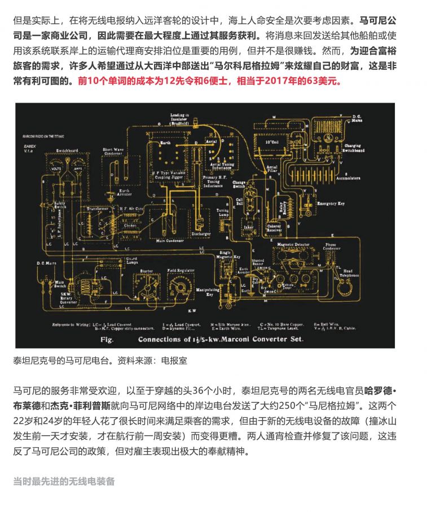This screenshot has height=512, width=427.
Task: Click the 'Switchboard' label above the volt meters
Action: click(64, 151)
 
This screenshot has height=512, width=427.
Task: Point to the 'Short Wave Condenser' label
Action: click(112, 152)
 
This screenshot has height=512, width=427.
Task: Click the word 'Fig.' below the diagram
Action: click(107, 339)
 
